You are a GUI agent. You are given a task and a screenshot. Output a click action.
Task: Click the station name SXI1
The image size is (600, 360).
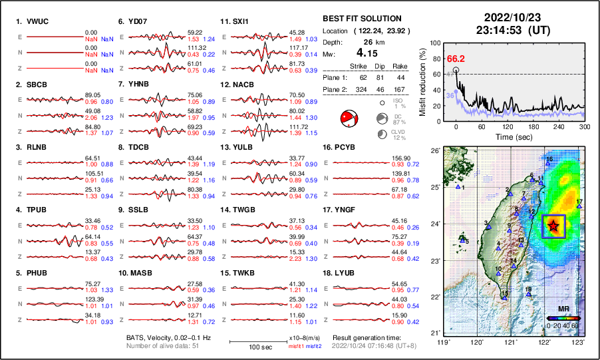pos(240,21)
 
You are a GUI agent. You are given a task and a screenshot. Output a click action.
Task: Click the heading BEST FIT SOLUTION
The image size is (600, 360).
pos(362,18)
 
